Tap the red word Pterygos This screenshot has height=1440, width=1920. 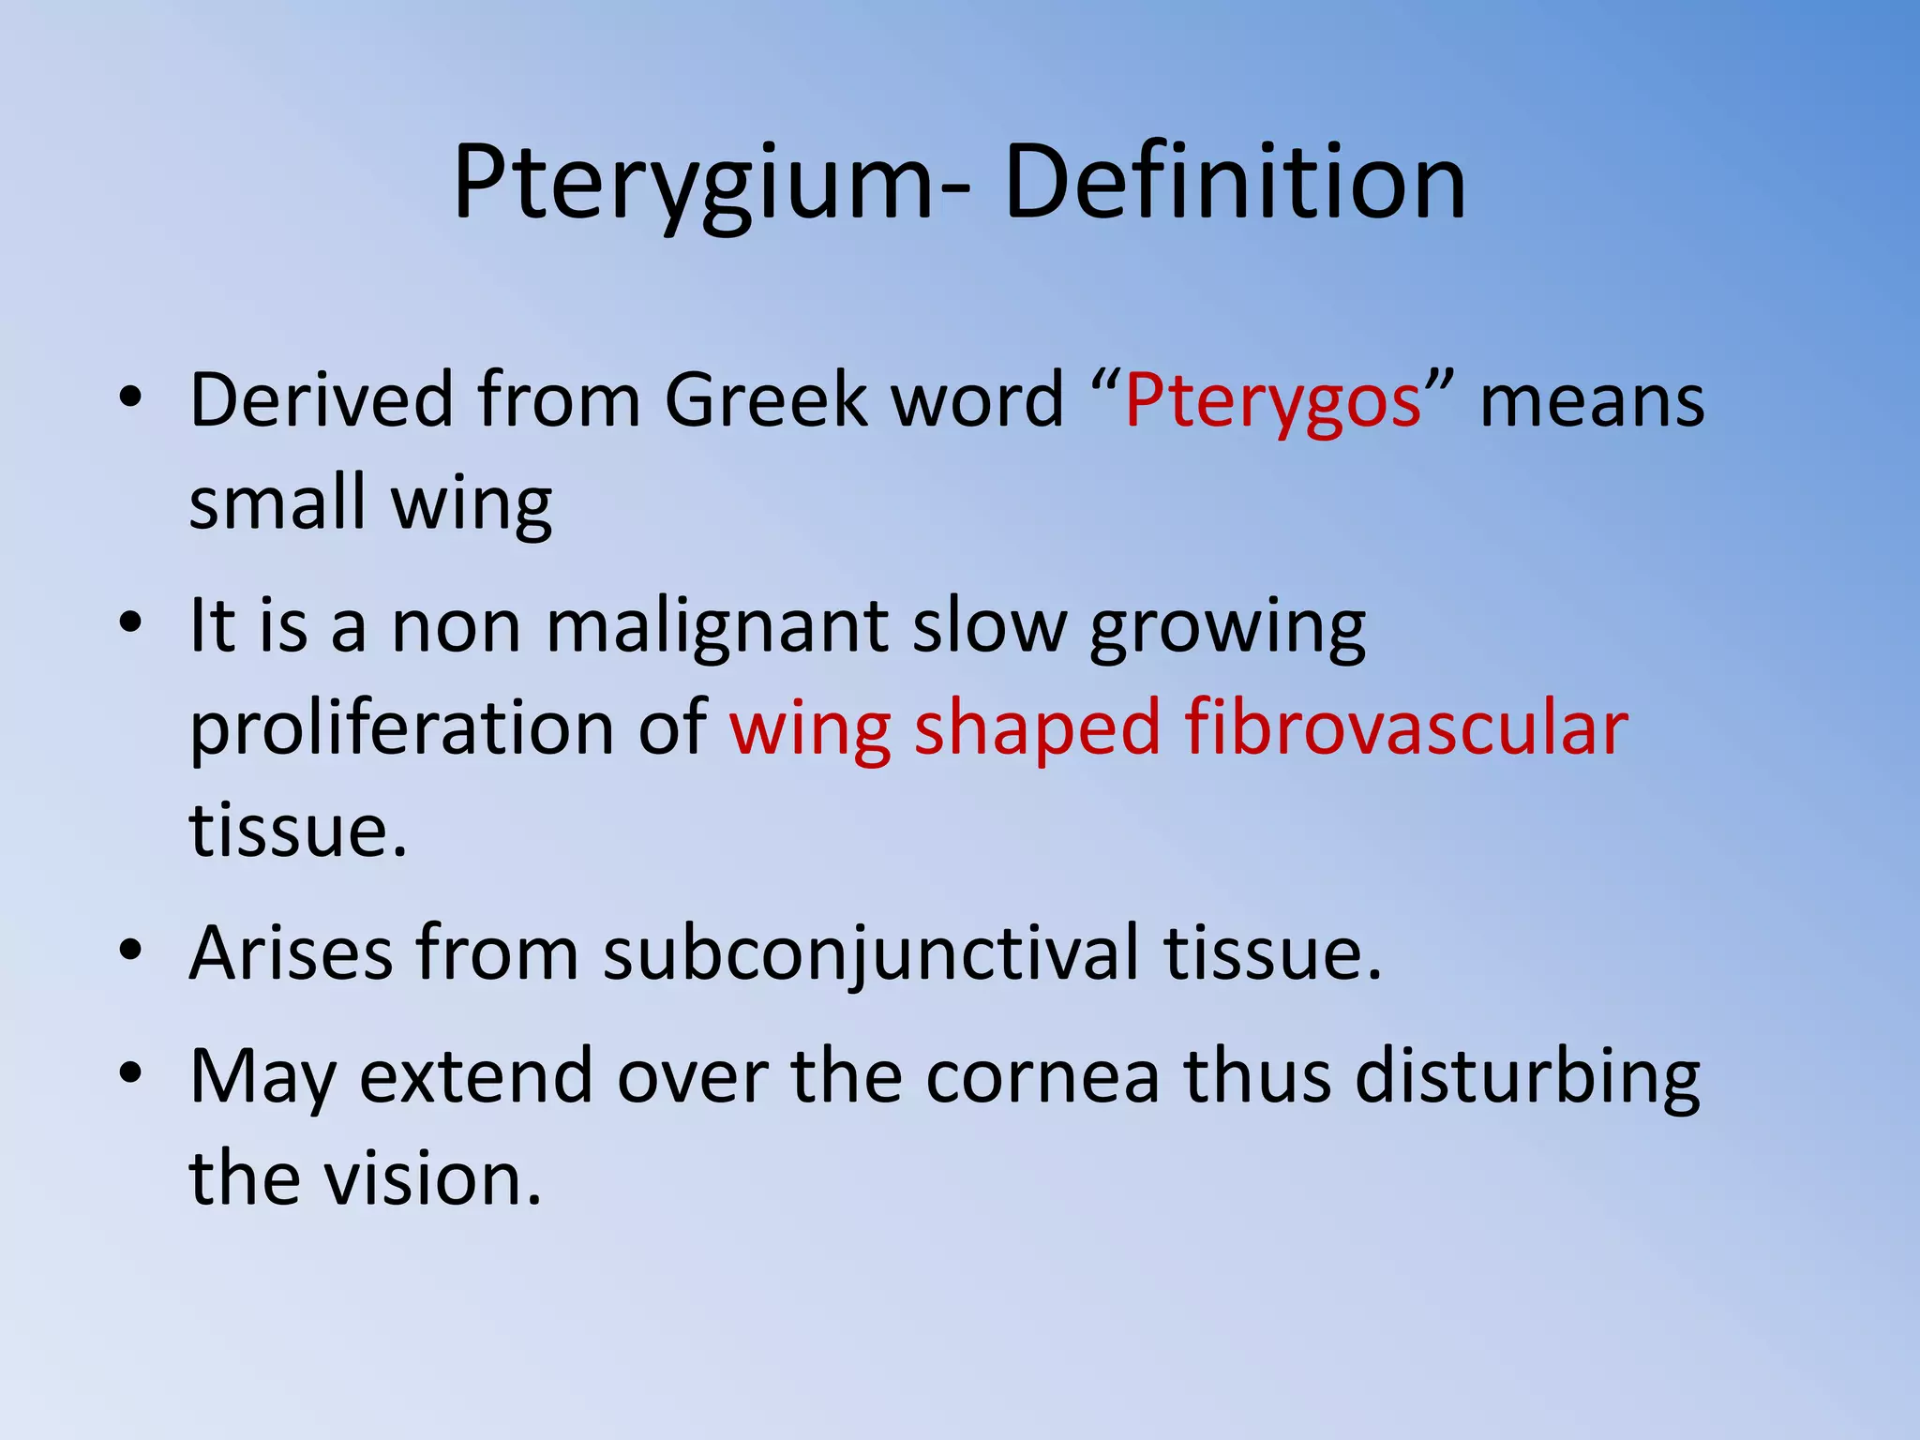coord(1273,401)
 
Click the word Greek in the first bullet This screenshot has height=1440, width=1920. coord(766,400)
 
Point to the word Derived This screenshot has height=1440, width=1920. coord(322,400)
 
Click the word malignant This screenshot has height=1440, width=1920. coord(716,626)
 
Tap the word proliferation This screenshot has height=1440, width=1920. coord(401,728)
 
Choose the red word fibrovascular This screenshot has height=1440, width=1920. coord(1406,728)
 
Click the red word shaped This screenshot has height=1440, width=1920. coord(1037,730)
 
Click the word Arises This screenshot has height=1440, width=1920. coord(291,953)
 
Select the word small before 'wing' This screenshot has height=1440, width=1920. coord(277,502)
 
